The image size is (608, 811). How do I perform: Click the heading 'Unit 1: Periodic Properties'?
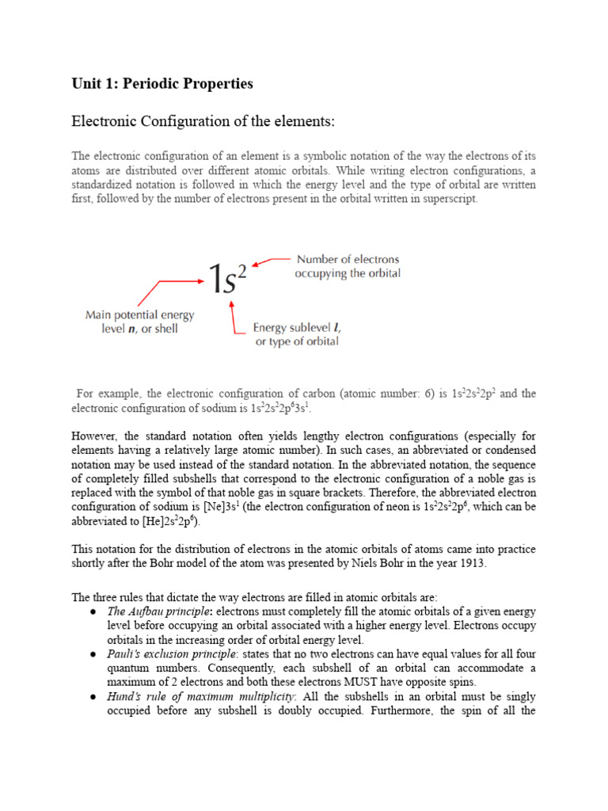[x=162, y=83]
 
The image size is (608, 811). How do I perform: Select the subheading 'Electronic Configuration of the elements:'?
[x=203, y=122]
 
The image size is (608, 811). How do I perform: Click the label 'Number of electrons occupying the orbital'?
[x=348, y=266]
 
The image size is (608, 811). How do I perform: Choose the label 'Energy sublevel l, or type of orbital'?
[x=297, y=334]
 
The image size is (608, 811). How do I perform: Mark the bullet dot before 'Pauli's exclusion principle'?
[x=93, y=655]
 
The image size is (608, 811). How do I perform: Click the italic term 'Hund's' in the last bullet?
[x=124, y=697]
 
